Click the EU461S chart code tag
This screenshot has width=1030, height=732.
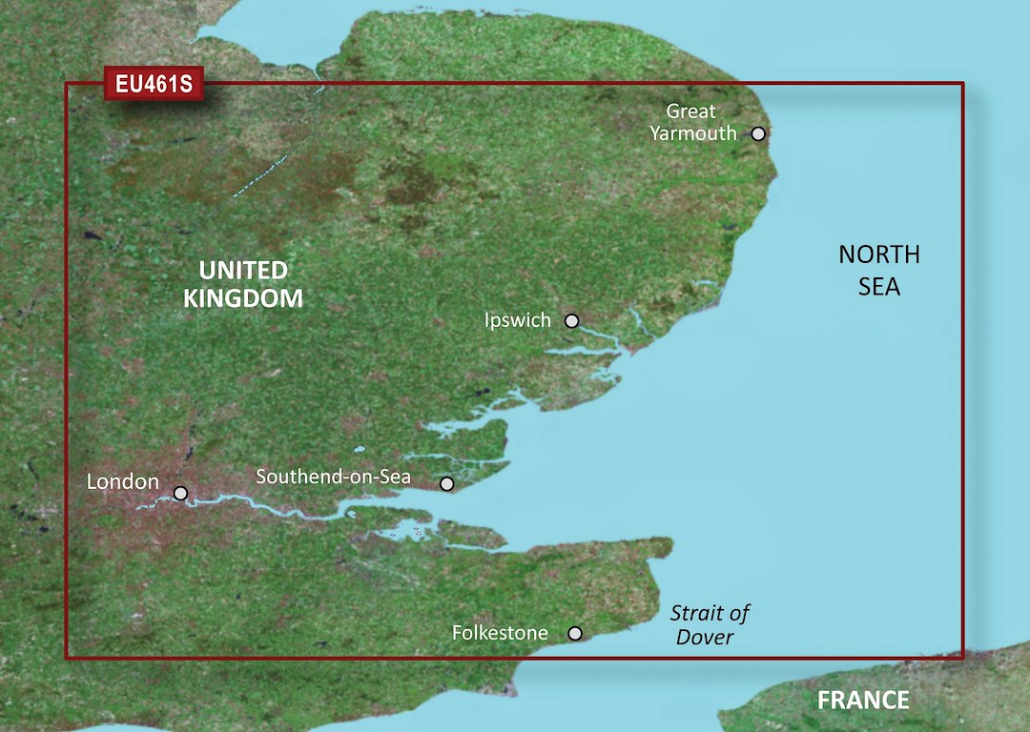click(154, 85)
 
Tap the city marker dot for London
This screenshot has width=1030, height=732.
click(180, 494)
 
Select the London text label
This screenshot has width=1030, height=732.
click(122, 482)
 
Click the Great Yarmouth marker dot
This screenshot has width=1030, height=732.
click(758, 133)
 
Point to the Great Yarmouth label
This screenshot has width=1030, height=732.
click(693, 123)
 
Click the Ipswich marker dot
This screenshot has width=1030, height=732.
click(571, 321)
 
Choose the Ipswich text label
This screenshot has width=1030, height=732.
click(518, 321)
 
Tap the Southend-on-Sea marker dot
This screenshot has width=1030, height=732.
click(446, 484)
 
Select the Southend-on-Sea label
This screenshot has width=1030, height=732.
click(333, 476)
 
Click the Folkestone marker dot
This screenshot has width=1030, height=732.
click(575, 633)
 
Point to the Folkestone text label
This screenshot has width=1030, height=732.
click(500, 633)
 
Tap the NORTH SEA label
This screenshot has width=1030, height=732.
click(879, 270)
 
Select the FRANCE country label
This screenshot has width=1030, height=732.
click(863, 701)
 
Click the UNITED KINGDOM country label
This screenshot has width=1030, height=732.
click(242, 284)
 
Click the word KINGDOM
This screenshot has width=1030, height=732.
click(242, 298)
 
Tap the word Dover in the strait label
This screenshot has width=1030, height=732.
click(705, 638)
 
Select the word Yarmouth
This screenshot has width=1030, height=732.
click(693, 134)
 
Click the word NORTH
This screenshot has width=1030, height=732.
click(879, 254)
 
